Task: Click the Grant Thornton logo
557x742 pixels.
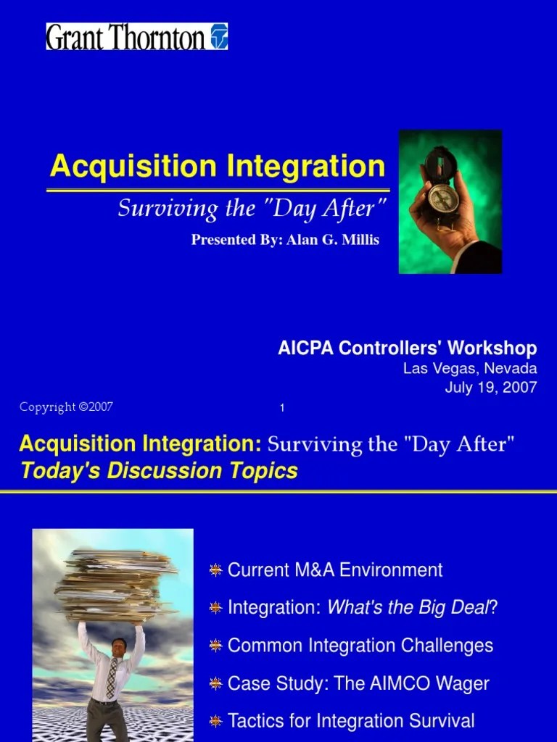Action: point(137,36)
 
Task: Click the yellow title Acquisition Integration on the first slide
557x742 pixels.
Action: point(218,167)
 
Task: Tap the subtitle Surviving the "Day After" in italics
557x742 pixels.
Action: point(248,209)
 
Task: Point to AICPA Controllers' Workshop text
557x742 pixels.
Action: point(407,349)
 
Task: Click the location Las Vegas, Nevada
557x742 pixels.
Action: point(470,369)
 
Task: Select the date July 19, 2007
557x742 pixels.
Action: point(491,387)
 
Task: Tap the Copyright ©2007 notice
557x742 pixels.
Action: point(66,407)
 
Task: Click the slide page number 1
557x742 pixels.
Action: point(282,409)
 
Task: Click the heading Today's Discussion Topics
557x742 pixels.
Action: point(160,471)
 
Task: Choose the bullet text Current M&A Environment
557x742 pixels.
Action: point(335,570)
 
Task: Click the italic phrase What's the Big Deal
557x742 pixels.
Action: point(408,608)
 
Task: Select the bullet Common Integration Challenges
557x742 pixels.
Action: point(360,646)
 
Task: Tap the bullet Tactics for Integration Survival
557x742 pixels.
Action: point(351,721)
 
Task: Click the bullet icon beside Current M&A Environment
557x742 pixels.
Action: point(215,571)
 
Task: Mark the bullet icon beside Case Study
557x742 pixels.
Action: point(215,684)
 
